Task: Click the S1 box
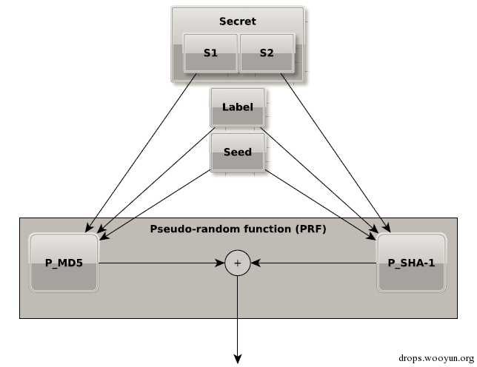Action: (x=210, y=53)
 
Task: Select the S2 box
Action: (x=267, y=53)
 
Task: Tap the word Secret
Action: (x=237, y=21)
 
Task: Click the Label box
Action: (x=237, y=108)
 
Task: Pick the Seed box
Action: (x=237, y=152)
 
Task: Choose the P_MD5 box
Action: (x=64, y=263)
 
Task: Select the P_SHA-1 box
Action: (x=411, y=263)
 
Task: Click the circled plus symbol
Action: (x=238, y=263)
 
